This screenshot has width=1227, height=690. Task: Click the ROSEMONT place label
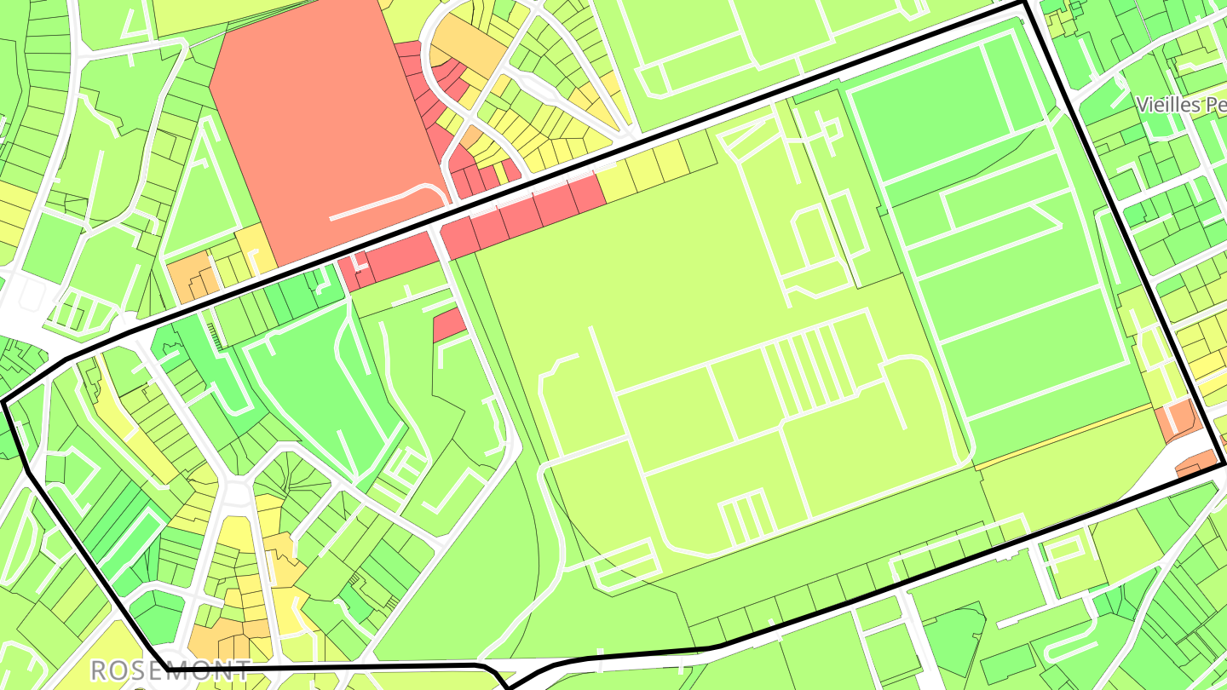point(170,670)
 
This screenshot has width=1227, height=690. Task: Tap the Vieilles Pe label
point(1181,105)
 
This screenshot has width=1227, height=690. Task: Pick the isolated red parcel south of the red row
point(449,325)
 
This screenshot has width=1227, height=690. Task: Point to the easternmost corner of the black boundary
point(1224,463)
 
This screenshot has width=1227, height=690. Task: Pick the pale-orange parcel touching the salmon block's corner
point(254,243)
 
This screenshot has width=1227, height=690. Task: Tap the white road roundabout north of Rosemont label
point(233,494)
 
